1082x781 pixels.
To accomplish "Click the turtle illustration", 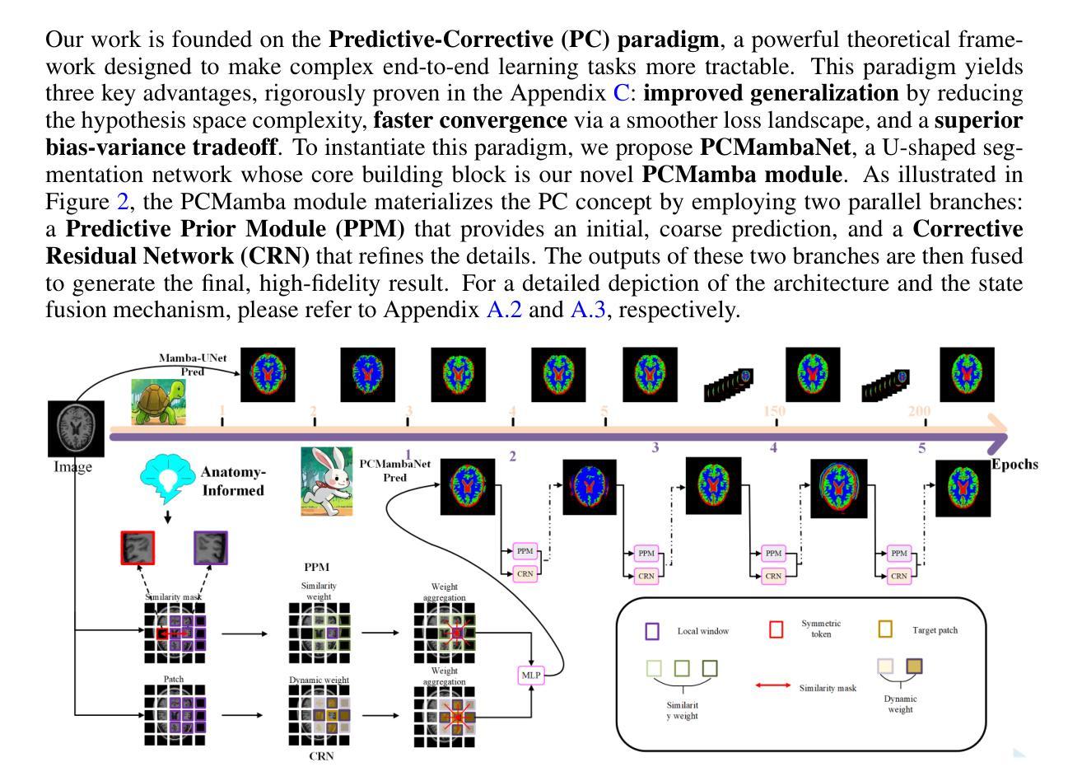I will click(158, 401).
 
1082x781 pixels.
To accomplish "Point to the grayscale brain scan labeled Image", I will click(77, 428).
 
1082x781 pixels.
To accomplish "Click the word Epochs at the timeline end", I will click(1014, 464).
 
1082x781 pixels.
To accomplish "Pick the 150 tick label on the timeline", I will click(774, 411).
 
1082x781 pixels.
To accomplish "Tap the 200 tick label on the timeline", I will click(919, 411).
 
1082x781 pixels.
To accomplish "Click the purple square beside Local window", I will click(651, 631).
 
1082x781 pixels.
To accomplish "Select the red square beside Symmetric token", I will click(776, 629).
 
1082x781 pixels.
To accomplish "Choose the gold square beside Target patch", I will click(885, 629).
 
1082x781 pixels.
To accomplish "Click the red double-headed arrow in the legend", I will click(772, 686).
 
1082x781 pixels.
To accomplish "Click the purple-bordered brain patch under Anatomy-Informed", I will click(210, 548).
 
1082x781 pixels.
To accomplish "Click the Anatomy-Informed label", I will click(233, 481).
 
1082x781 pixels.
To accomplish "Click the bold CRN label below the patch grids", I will click(321, 756).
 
